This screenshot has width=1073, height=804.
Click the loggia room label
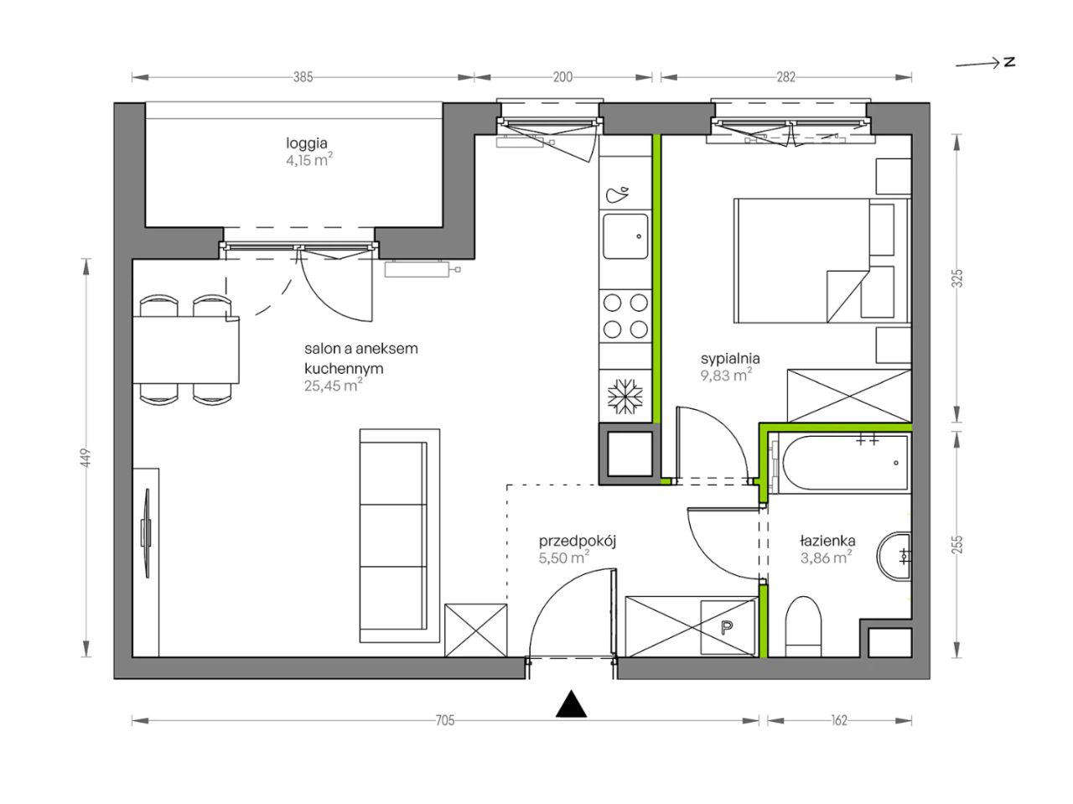307,143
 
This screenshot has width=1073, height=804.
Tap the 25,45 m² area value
333,386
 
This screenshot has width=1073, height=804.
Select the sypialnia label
730,359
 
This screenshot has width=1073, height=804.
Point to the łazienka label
827,541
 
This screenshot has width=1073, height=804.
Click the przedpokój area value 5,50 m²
563,558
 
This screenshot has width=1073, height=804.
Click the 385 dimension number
303,77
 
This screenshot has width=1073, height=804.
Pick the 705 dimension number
445,720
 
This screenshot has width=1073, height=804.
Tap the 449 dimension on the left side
86,458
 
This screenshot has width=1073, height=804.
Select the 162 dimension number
839,720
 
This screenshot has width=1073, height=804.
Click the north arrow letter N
1009,62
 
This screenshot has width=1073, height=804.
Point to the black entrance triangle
571,703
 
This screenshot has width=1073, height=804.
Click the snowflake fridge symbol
625,397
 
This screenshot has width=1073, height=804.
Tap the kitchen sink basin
625,236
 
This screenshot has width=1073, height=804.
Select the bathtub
844,462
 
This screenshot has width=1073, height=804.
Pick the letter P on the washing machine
728,627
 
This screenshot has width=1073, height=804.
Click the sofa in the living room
399,536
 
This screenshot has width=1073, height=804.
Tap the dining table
186,350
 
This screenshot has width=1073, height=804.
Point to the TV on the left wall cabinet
146,532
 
